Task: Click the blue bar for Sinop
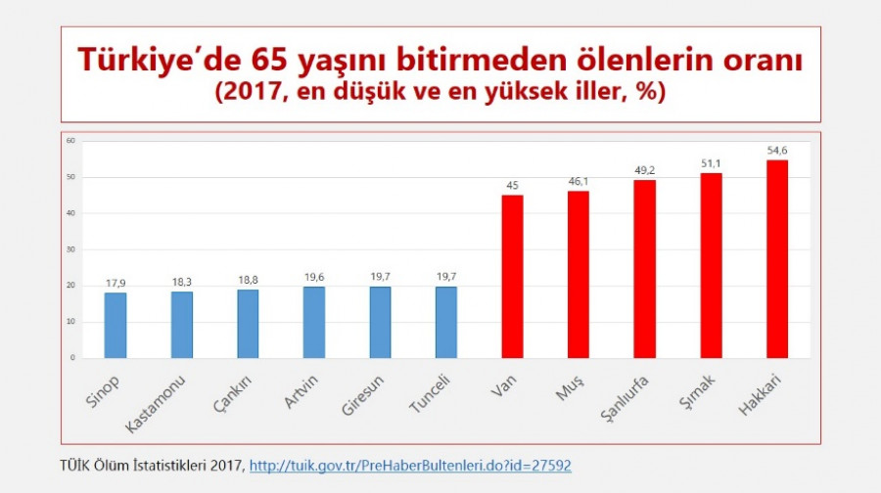tap(116, 325)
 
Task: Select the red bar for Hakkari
tap(777, 259)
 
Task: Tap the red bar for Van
tap(513, 277)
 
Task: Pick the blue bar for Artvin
tap(314, 322)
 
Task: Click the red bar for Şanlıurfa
tap(645, 269)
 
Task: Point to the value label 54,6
tap(777, 151)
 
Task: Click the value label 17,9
tap(116, 283)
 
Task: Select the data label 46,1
tap(579, 181)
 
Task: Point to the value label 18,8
tap(248, 280)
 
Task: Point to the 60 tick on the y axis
tap(71, 141)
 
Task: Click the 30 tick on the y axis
tap(71, 249)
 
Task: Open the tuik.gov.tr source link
tap(410, 466)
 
